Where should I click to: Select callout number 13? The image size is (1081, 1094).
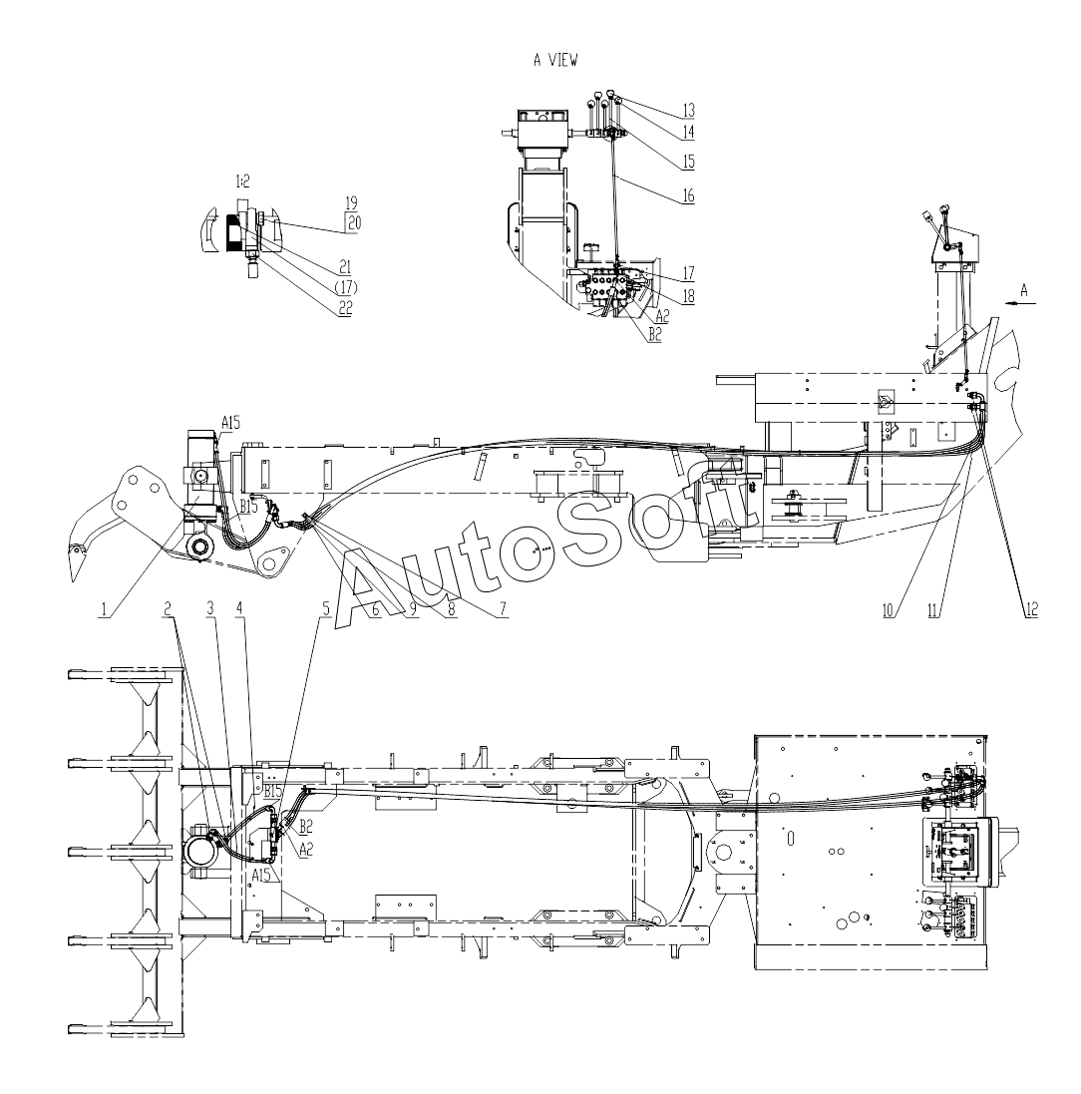688,109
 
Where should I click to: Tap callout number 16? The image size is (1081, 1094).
688,197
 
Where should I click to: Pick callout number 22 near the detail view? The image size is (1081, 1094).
344,308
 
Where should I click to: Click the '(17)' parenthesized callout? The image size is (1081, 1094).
344,288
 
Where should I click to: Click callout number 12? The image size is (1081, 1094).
1030,610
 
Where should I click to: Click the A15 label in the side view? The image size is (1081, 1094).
230,422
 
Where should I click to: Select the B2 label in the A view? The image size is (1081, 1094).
654,336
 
